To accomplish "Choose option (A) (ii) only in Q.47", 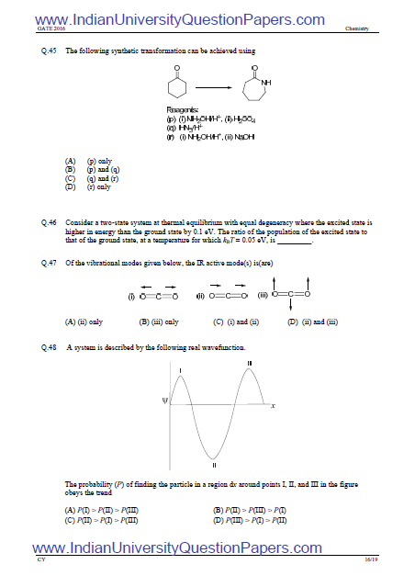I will [x=84, y=322].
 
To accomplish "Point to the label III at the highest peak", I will [x=249, y=364].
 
